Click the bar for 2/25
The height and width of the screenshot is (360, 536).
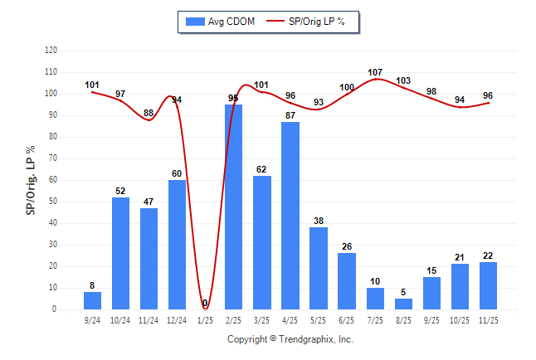(x=234, y=207)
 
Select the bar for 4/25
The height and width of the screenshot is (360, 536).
(x=290, y=216)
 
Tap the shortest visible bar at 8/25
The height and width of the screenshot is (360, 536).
(x=403, y=304)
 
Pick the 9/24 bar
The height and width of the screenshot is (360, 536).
(x=93, y=300)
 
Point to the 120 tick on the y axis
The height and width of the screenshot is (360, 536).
(x=51, y=51)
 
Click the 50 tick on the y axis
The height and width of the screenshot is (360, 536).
(x=52, y=202)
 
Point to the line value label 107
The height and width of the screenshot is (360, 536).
(x=375, y=72)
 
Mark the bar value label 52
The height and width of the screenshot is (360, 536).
(x=121, y=191)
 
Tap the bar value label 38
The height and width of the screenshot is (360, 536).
(x=319, y=221)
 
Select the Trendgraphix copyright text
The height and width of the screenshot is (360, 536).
(x=290, y=339)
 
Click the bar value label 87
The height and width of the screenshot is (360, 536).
(x=290, y=115)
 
